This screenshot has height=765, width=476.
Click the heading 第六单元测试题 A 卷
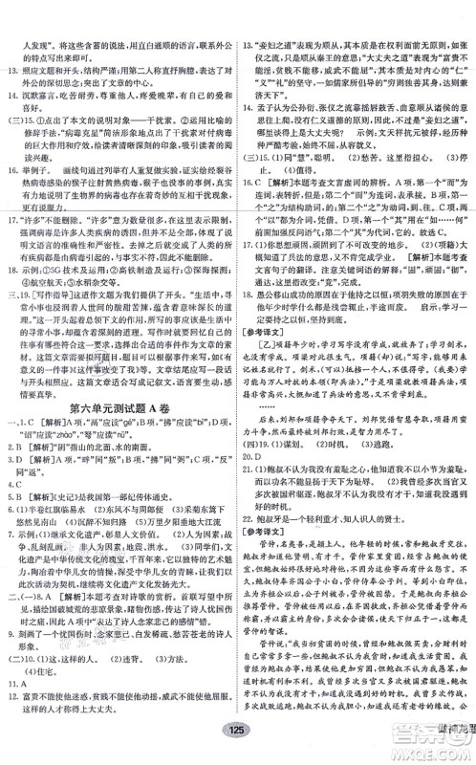[x=119, y=413]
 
